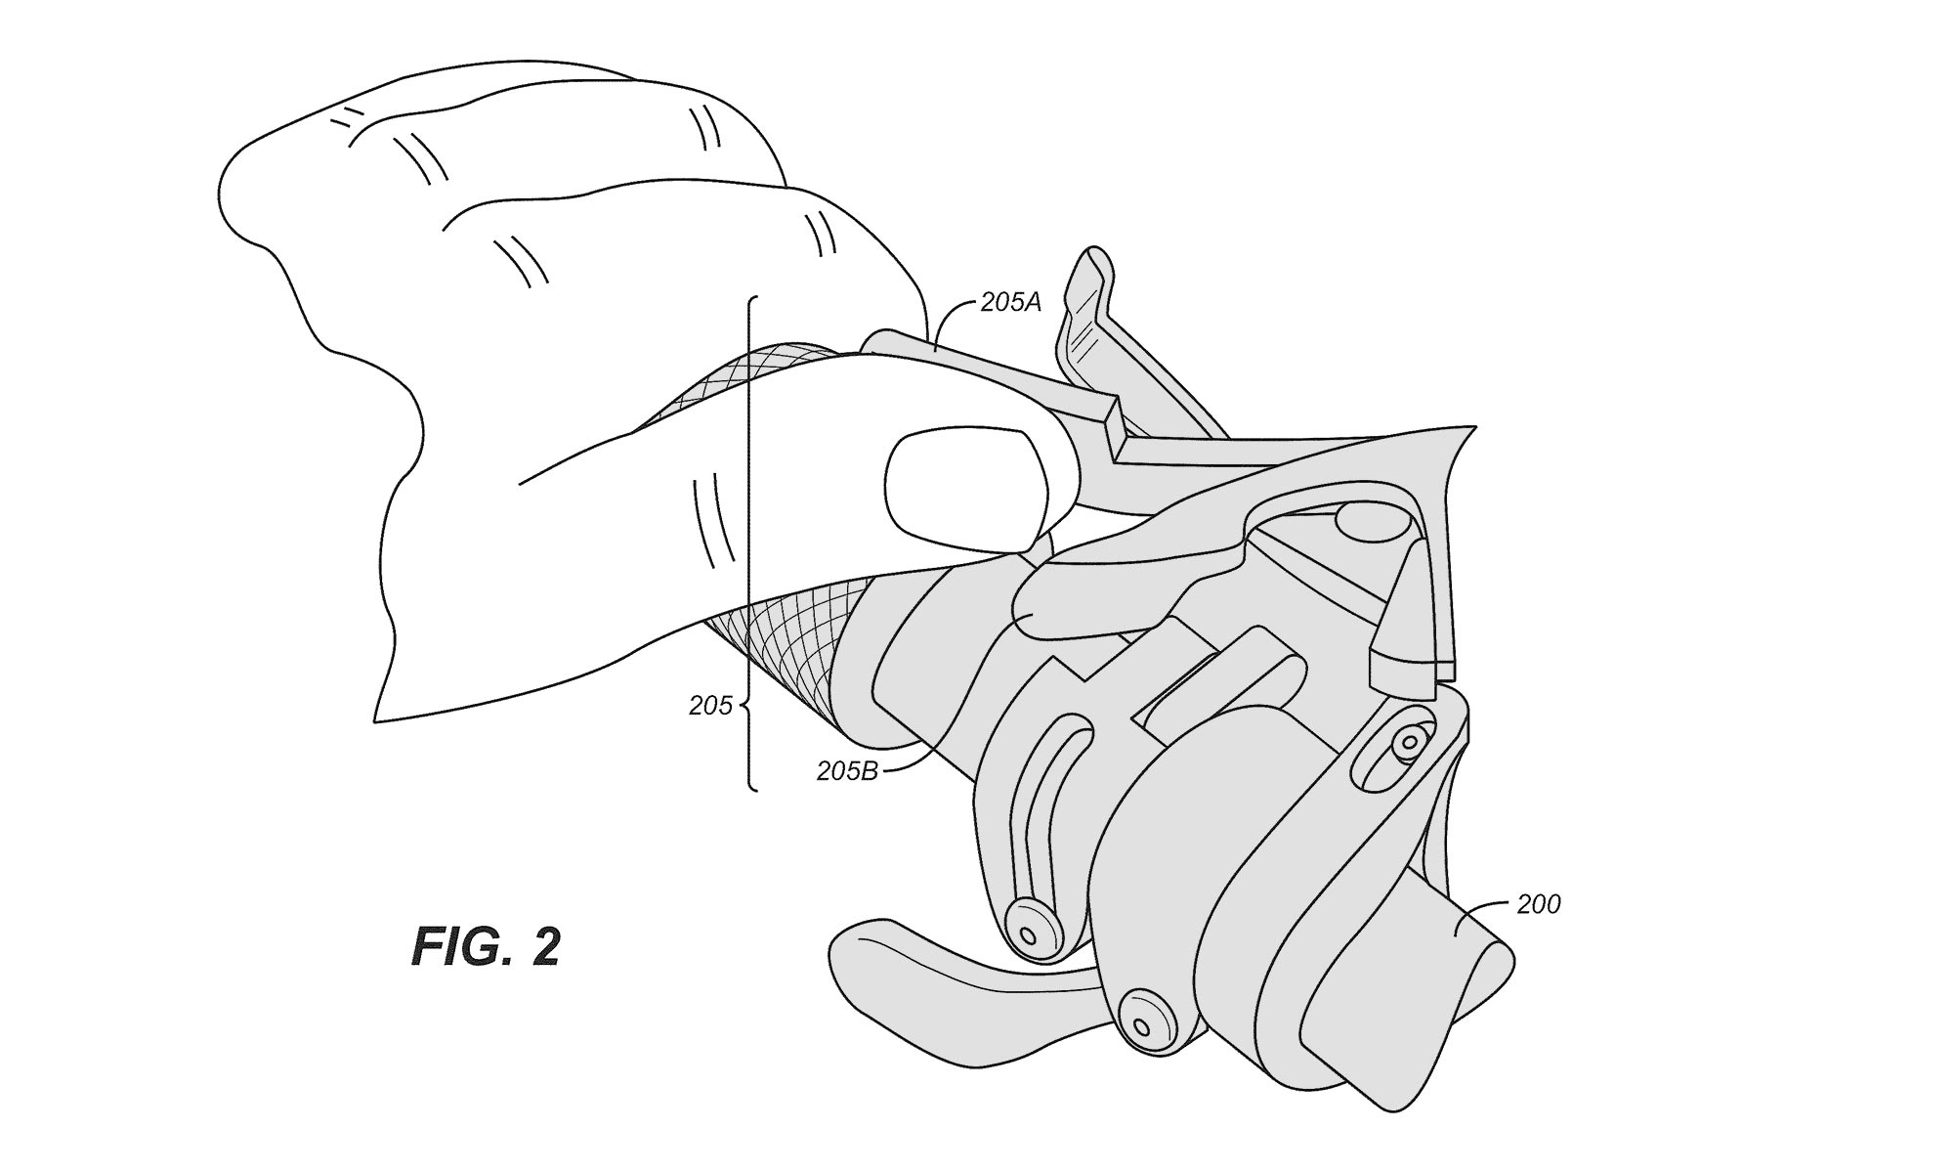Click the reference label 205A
[x=1011, y=303]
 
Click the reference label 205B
[x=848, y=771]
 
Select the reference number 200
[x=1538, y=904]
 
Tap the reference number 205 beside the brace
[x=710, y=706]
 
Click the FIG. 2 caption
[x=487, y=946]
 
